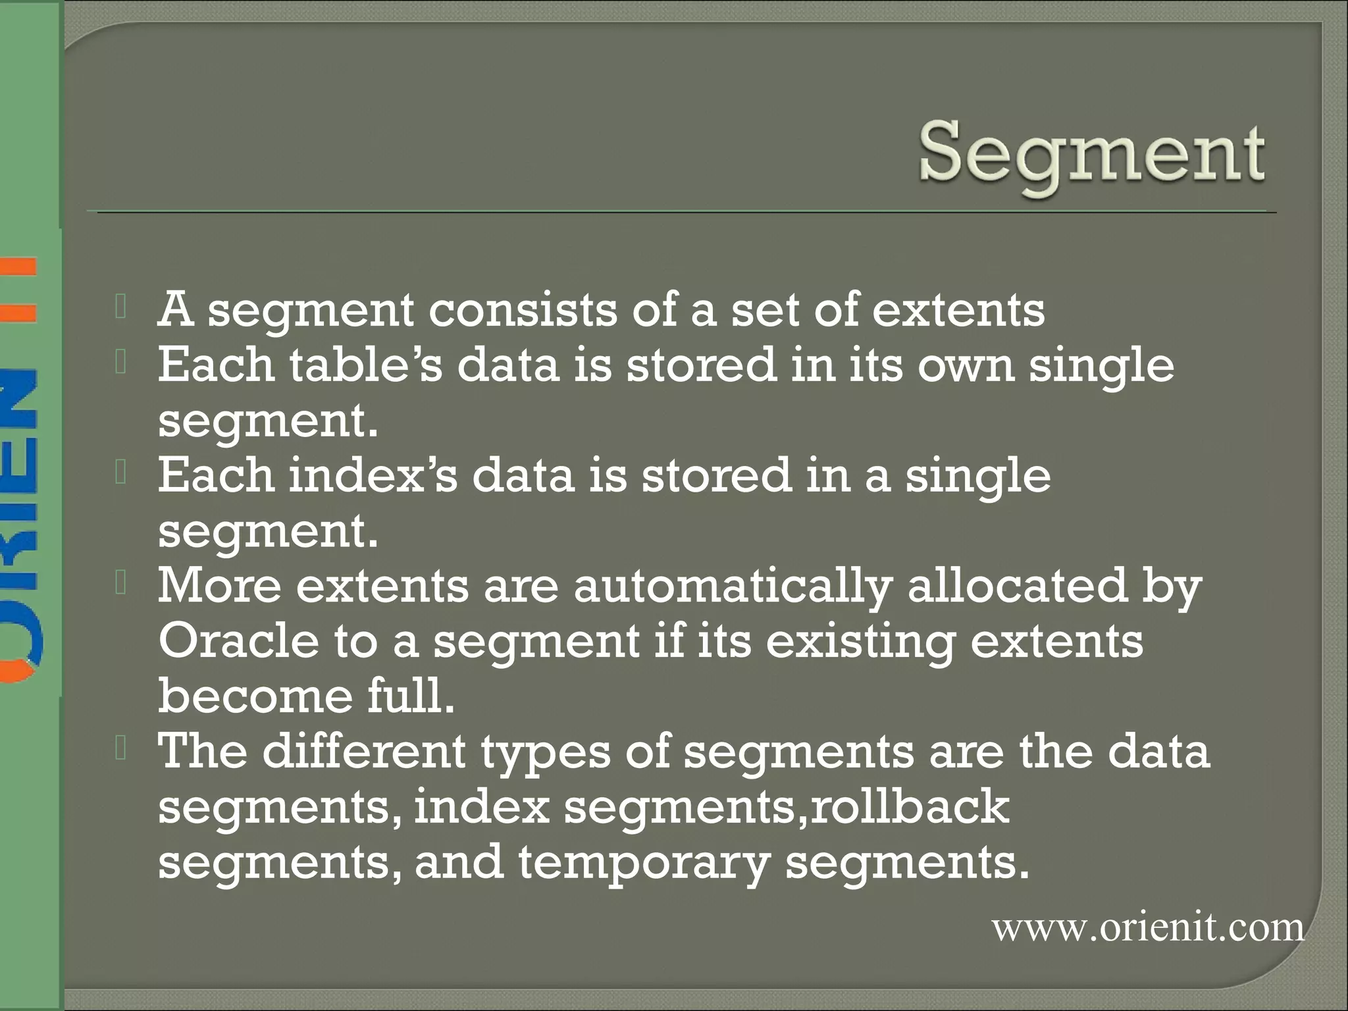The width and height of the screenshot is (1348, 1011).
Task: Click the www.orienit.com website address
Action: coord(1148,928)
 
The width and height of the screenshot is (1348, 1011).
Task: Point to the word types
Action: coord(546,752)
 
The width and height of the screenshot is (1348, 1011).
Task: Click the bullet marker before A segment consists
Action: coord(120,308)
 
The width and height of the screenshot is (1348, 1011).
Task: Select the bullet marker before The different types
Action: coord(120,750)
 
